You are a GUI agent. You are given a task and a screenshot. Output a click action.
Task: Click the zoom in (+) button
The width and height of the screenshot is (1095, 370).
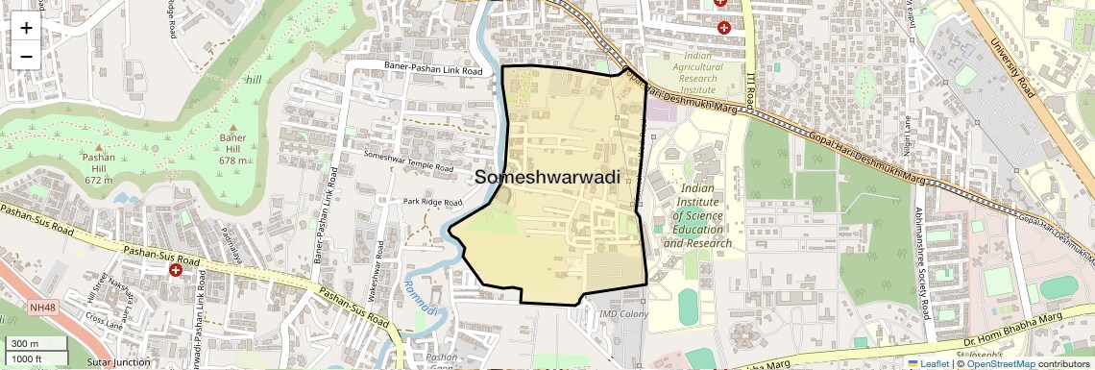tap(26, 28)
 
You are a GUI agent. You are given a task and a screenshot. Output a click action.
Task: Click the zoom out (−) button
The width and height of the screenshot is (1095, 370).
tap(26, 56)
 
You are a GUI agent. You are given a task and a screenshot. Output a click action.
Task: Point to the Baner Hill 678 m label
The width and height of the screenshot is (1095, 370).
tap(233, 148)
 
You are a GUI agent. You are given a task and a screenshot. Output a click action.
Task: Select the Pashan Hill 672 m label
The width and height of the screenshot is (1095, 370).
tap(99, 167)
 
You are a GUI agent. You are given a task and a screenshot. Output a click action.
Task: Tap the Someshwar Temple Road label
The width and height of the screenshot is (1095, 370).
tap(408, 162)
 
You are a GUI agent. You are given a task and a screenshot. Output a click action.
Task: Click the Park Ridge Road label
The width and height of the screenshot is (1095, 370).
tap(432, 202)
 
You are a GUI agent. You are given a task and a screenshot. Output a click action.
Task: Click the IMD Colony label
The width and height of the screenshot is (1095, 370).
tap(623, 314)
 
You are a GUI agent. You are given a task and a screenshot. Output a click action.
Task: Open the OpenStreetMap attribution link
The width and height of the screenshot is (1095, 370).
tap(1000, 363)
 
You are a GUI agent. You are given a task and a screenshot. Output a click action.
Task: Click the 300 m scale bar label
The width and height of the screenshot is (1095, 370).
tap(25, 344)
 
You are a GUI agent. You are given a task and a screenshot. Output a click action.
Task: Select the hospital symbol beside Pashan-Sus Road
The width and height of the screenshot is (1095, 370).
tap(176, 271)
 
